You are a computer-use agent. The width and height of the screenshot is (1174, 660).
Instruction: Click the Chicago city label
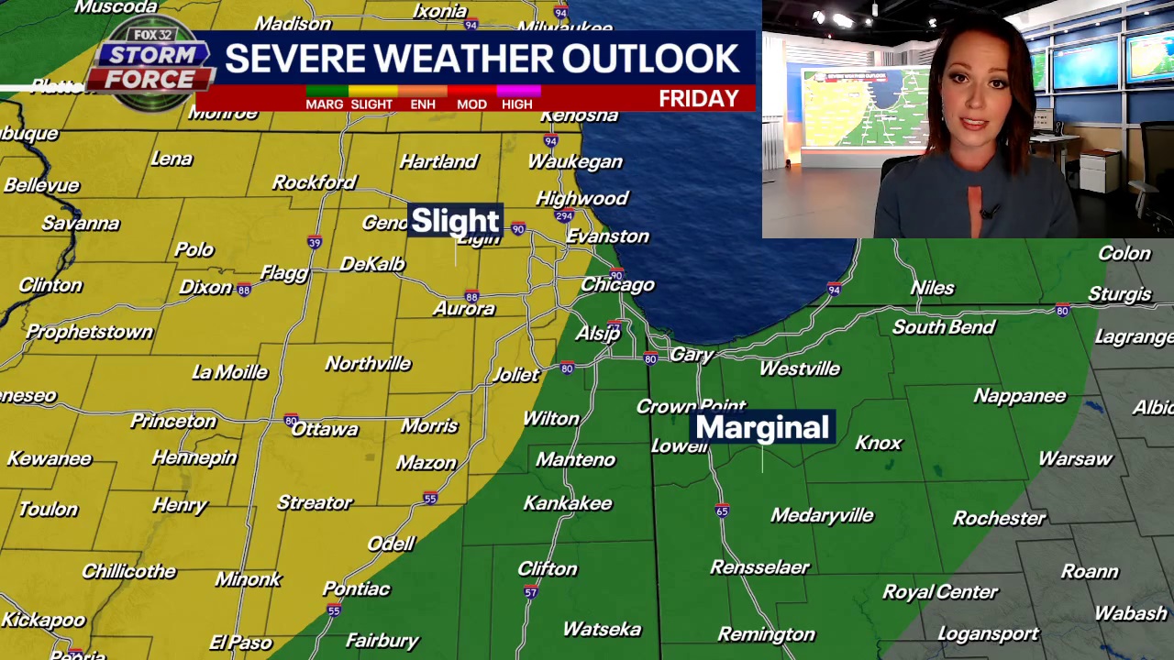(x=617, y=285)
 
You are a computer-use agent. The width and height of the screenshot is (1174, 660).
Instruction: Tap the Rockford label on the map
(x=314, y=182)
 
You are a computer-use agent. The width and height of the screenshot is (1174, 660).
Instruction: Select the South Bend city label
(x=943, y=327)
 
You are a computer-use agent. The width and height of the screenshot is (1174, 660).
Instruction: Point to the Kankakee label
(x=567, y=503)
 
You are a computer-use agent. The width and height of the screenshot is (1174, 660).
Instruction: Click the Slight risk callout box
(x=455, y=221)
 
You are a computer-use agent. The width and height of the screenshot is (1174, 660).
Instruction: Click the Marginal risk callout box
(x=762, y=427)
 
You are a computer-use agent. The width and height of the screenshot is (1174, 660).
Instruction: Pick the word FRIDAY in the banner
(x=698, y=99)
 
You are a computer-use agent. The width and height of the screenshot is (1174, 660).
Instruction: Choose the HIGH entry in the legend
(x=516, y=104)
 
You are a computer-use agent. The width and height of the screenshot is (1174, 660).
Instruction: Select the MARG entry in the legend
(x=324, y=104)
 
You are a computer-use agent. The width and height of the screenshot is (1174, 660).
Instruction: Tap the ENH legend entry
(x=423, y=104)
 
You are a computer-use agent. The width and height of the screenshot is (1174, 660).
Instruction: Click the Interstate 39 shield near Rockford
(x=315, y=243)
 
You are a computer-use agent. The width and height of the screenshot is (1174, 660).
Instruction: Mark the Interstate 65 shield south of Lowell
(x=722, y=511)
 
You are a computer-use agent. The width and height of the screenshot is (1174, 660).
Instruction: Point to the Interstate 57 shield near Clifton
(x=530, y=593)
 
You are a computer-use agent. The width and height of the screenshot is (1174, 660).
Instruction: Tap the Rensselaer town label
(x=759, y=567)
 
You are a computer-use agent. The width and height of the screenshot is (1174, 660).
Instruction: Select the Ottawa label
(x=324, y=429)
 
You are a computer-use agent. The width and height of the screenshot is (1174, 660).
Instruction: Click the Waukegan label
(x=575, y=161)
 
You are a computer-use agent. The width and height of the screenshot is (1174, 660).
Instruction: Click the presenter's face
(x=974, y=124)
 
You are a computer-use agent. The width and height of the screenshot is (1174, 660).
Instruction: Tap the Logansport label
(x=988, y=633)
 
